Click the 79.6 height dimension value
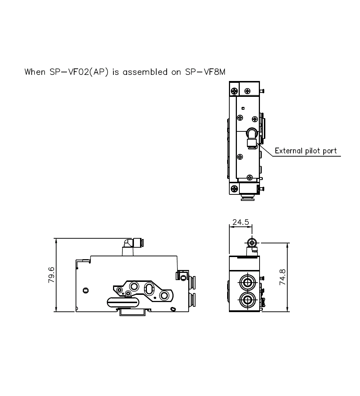click(x=51, y=275)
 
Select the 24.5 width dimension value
click(x=240, y=222)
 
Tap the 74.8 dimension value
click(x=283, y=277)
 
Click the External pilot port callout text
click(x=306, y=151)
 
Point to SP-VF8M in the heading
click(x=205, y=72)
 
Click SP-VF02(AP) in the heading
click(x=79, y=72)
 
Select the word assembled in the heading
click(x=145, y=72)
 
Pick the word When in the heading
click(x=35, y=72)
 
